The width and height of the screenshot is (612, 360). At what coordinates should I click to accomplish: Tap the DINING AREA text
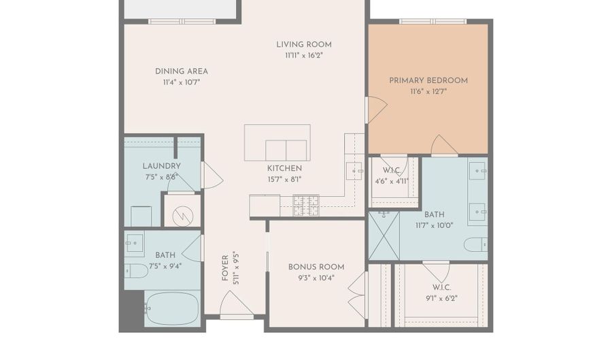181,71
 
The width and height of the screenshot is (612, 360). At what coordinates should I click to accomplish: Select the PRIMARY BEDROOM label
428,80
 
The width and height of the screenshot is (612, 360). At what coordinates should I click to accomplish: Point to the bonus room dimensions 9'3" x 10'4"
316,278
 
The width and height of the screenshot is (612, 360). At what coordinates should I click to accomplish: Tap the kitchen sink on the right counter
354,170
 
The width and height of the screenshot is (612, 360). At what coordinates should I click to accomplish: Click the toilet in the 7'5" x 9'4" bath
136,271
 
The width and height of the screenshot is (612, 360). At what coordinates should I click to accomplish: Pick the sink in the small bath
134,241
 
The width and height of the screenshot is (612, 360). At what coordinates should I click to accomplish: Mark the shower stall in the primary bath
384,235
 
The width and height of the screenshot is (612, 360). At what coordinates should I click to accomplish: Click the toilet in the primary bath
475,244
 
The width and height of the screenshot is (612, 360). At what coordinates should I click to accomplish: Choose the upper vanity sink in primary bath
479,168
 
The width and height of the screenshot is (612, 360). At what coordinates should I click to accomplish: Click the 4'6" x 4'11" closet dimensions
392,182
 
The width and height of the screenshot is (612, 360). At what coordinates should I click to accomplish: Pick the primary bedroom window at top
428,21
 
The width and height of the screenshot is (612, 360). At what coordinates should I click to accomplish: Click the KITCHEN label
284,168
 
